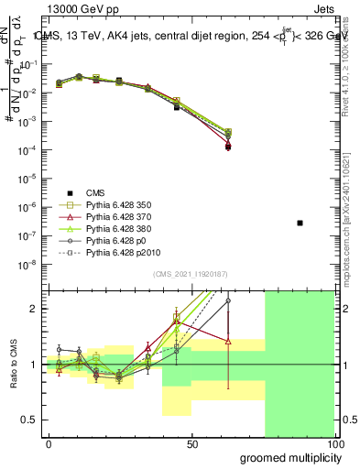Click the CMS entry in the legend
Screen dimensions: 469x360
click(95, 192)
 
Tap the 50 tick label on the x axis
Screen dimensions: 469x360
click(192, 443)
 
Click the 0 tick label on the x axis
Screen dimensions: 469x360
click(49, 443)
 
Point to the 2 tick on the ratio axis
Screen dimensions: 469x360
click(35, 309)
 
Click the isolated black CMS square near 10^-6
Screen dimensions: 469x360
click(300, 223)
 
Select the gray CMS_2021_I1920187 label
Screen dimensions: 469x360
click(190, 274)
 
